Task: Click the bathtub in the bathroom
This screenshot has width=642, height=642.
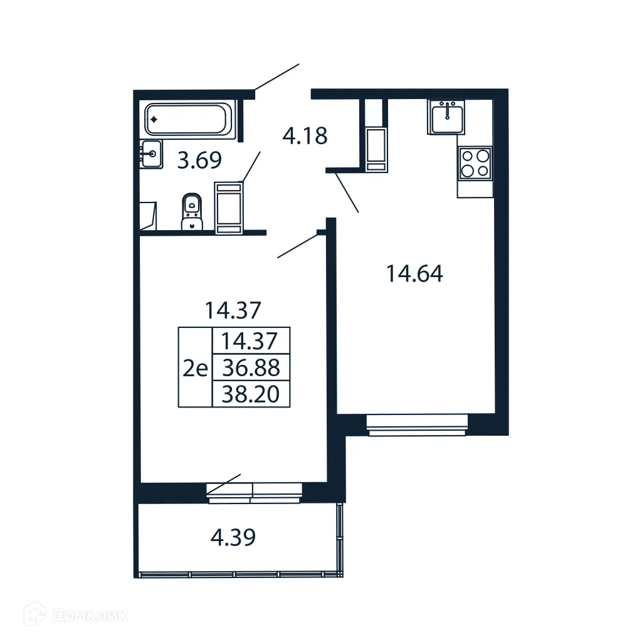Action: pos(189,119)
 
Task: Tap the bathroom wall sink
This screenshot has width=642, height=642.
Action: pos(151,154)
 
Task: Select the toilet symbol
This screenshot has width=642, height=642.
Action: pos(192,212)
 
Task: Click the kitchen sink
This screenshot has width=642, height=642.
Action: pos(447,117)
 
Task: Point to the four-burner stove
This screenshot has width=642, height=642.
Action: pos(475,162)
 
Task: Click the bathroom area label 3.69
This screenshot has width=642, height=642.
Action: pos(199,161)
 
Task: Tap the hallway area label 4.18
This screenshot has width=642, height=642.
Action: pos(305,135)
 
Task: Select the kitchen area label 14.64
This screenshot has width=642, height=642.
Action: pos(414,274)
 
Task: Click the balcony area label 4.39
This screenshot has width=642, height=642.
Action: pos(232,537)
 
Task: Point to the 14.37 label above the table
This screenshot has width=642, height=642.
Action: pos(233,309)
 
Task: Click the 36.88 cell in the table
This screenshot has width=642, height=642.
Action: pos(251,367)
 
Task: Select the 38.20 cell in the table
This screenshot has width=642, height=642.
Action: pos(251,394)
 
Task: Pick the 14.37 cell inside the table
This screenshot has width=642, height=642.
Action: pos(251,341)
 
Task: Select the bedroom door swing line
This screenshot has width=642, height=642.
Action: pos(298,246)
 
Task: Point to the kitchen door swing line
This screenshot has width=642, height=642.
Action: pos(346,193)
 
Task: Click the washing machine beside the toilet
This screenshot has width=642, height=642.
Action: pos(229,208)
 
